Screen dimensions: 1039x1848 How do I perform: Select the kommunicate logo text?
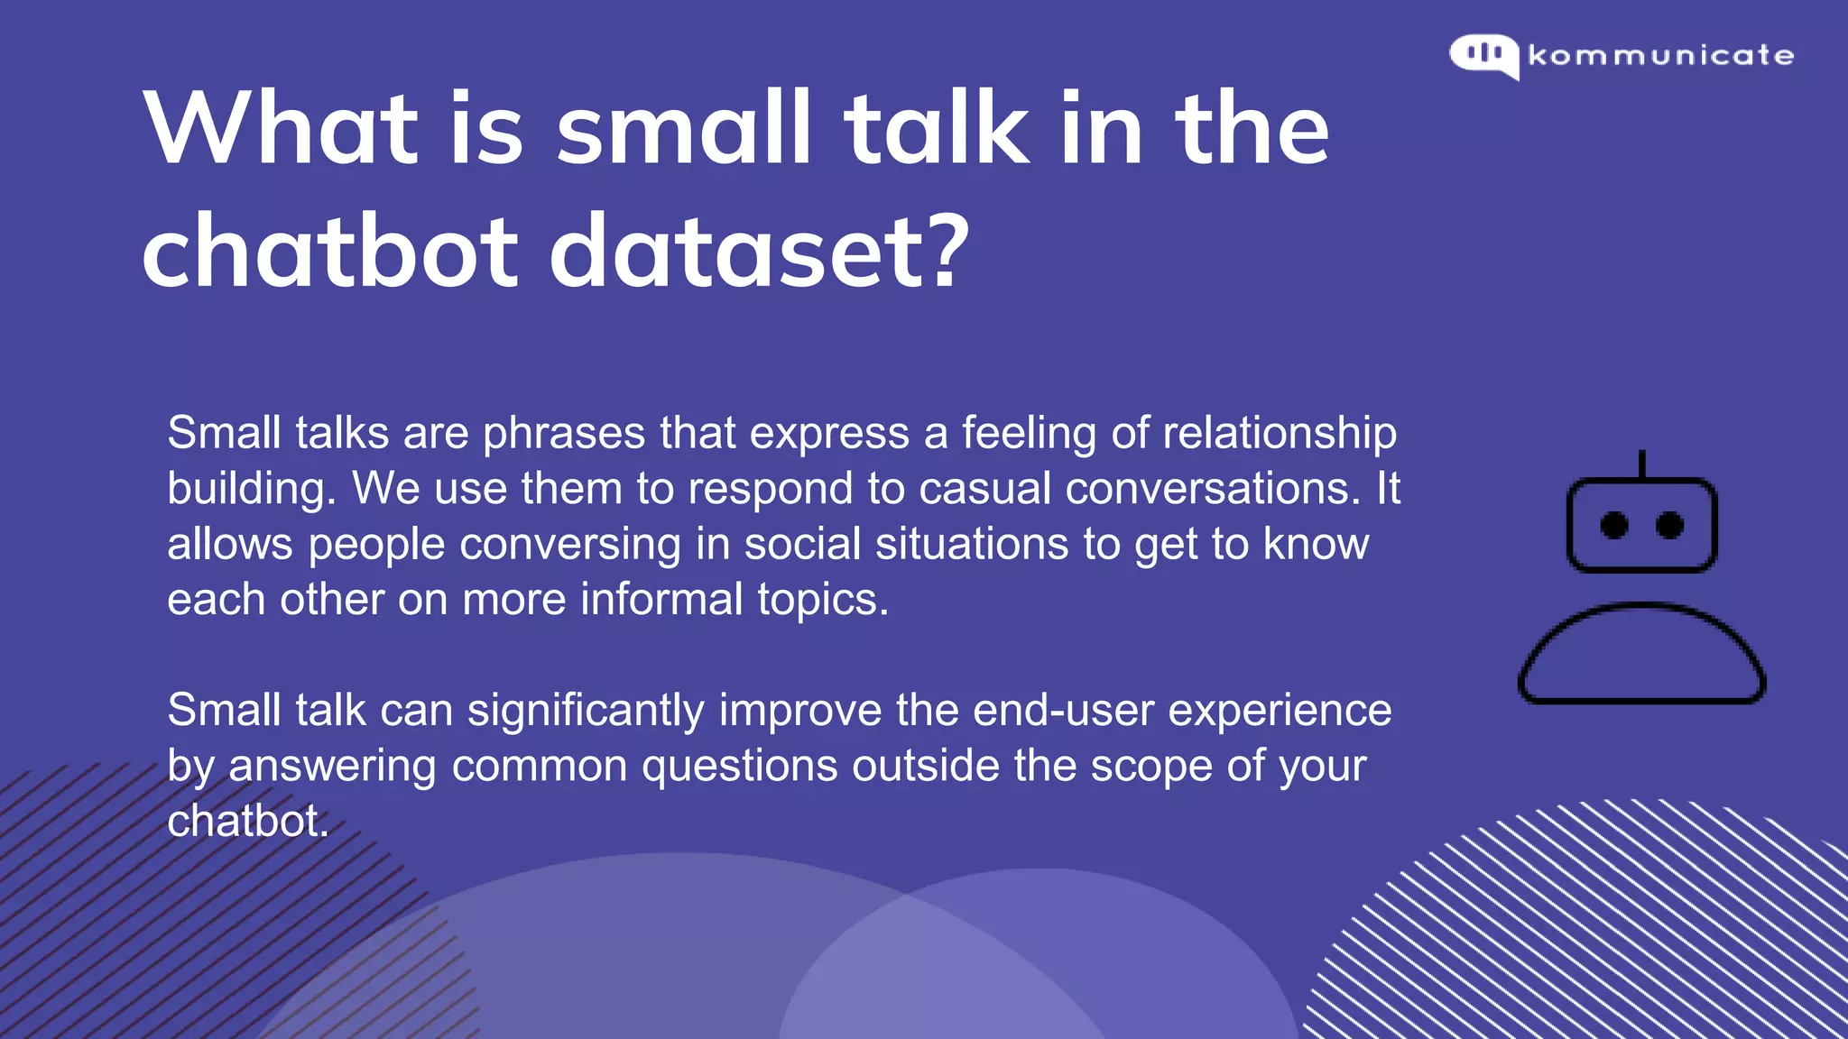(1661, 56)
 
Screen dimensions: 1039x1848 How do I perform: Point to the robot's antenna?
(1641, 464)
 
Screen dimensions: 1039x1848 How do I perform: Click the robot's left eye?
(1614, 525)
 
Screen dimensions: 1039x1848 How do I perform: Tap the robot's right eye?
(1669, 525)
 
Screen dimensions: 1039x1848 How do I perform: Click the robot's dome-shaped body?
(1641, 654)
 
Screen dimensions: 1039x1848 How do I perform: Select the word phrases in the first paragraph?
(564, 434)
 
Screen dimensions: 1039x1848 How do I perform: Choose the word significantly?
(586, 711)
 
